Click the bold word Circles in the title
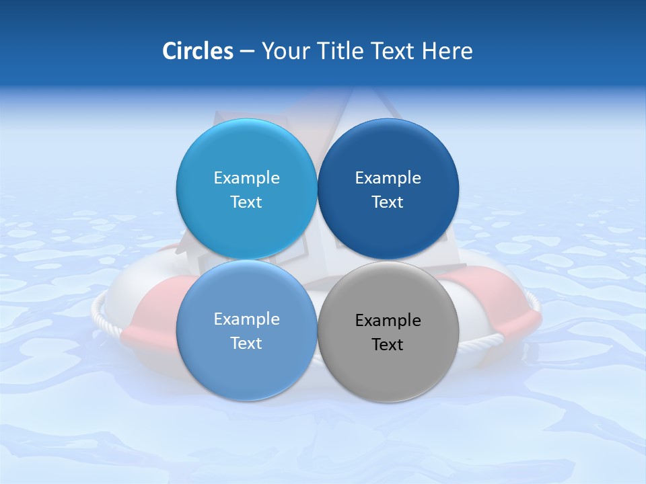click(x=197, y=51)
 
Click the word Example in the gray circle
click(x=388, y=321)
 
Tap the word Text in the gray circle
click(x=388, y=345)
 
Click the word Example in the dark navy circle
click(x=388, y=178)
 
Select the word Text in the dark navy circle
click(x=388, y=202)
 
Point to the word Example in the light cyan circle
click(x=246, y=178)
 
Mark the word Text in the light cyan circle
click(x=246, y=202)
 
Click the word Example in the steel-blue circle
click(x=246, y=319)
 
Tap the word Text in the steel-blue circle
click(x=246, y=344)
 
